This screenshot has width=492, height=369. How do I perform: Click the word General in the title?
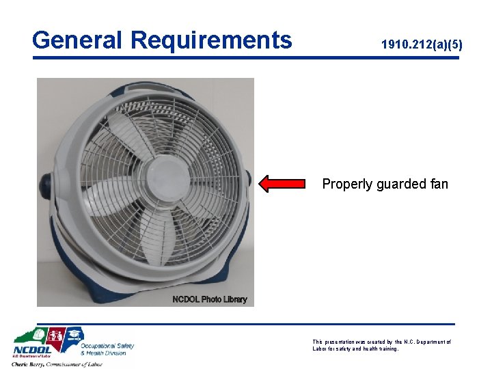(x=78, y=40)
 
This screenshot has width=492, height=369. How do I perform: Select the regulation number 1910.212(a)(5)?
(x=422, y=45)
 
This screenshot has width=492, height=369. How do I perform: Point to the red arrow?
(x=282, y=182)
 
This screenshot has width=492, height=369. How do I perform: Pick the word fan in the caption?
(x=439, y=184)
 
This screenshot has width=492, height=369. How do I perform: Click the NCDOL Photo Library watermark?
(x=210, y=299)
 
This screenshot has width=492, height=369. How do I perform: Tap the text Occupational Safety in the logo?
(x=108, y=346)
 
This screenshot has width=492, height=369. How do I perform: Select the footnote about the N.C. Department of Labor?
(x=381, y=345)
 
